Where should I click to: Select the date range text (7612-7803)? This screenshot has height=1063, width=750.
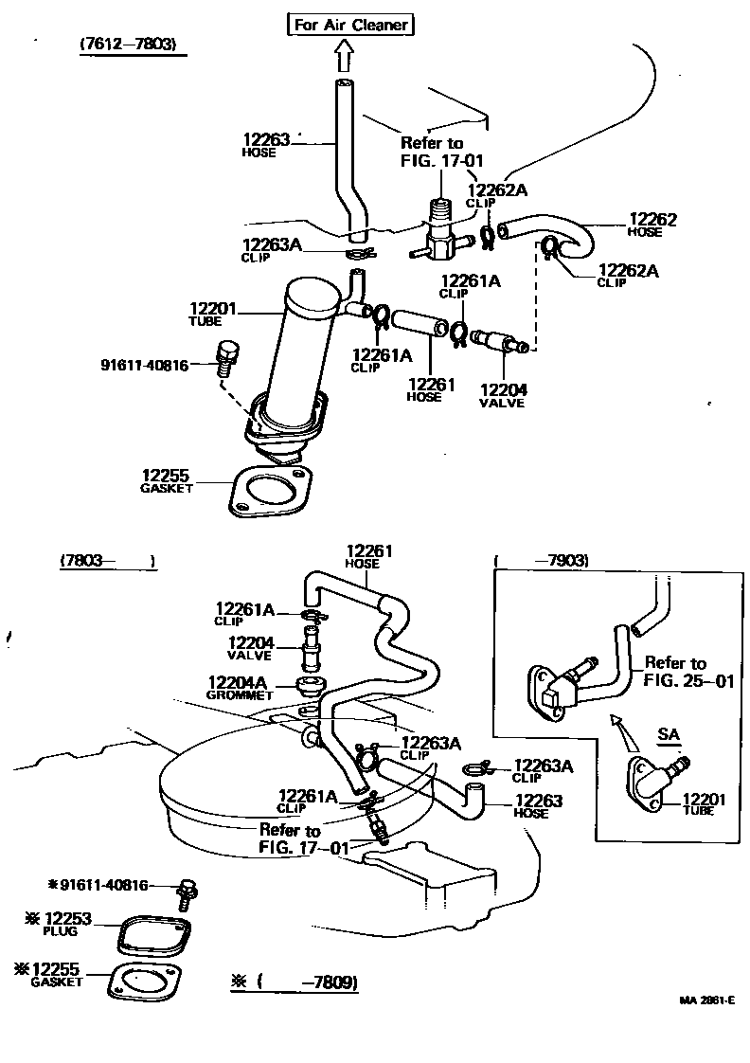tap(128, 45)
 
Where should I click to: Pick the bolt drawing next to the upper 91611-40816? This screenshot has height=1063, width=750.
tap(225, 356)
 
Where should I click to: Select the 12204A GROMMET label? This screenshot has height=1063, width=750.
tap(240, 687)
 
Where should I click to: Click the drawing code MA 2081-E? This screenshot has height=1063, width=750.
tap(705, 1000)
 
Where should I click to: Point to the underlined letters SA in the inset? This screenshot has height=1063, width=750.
tap(669, 734)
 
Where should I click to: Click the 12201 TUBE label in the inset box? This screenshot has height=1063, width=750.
tap(704, 804)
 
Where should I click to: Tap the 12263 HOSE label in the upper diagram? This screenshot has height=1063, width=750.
tap(264, 144)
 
